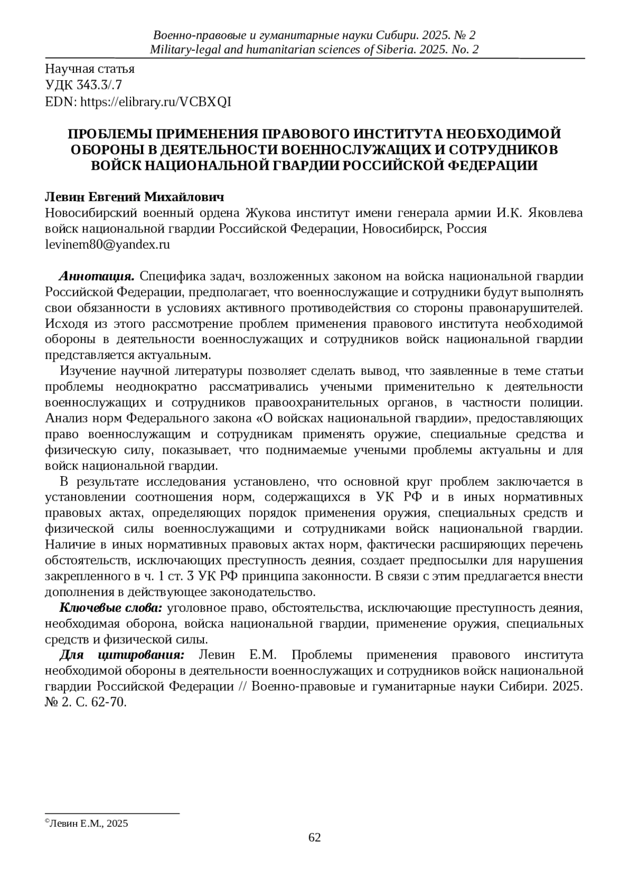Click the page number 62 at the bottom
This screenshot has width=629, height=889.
coord(314,838)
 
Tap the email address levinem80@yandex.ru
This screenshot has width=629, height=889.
coord(107,245)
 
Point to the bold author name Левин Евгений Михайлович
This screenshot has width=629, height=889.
coord(135,197)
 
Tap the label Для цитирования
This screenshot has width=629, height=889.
coord(122,655)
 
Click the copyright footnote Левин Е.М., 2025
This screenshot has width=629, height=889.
coord(88,824)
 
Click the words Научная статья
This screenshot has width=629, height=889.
coord(90,69)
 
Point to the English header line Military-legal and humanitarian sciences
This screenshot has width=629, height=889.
coord(314,50)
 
